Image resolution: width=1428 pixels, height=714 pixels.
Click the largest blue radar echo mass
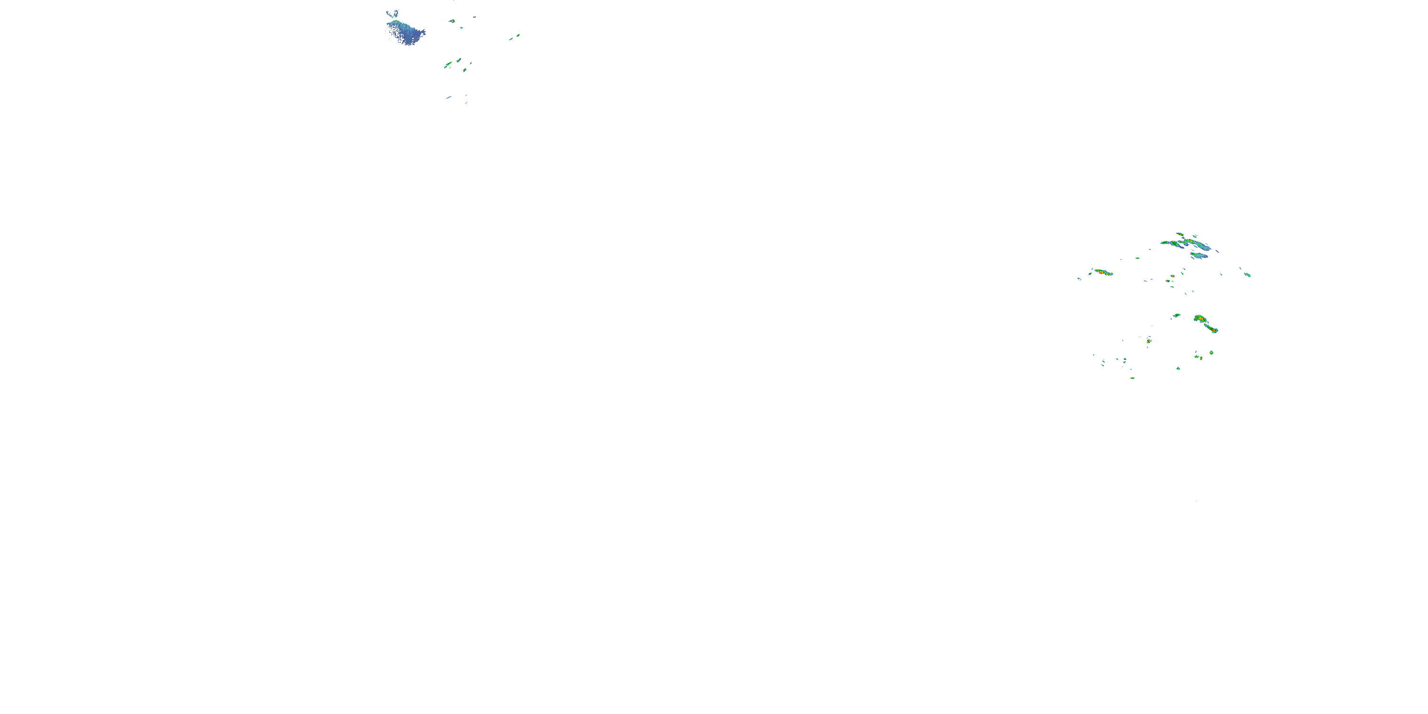click(407, 32)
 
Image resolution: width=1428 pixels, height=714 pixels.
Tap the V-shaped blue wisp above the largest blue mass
click(393, 13)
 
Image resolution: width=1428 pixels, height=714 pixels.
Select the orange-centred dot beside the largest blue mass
click(452, 21)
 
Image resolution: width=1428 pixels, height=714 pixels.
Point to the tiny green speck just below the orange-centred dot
click(461, 27)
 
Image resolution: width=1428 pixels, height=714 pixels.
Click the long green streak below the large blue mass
click(448, 65)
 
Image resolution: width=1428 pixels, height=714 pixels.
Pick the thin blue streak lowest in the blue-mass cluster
click(448, 98)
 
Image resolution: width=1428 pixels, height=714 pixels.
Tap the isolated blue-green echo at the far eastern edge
click(1247, 274)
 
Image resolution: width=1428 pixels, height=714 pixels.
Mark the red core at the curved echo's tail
click(1213, 330)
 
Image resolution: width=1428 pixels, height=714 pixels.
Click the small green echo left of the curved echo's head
click(1176, 316)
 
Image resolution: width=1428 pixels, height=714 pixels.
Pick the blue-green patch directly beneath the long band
click(1199, 256)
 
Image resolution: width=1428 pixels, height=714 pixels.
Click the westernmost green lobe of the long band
click(1165, 243)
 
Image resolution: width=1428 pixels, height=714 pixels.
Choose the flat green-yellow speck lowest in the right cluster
click(1132, 378)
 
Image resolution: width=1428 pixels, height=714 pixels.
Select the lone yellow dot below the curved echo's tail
click(1211, 353)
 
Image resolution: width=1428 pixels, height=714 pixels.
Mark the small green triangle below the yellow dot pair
click(1178, 368)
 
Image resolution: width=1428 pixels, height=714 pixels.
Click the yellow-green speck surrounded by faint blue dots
click(1149, 341)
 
